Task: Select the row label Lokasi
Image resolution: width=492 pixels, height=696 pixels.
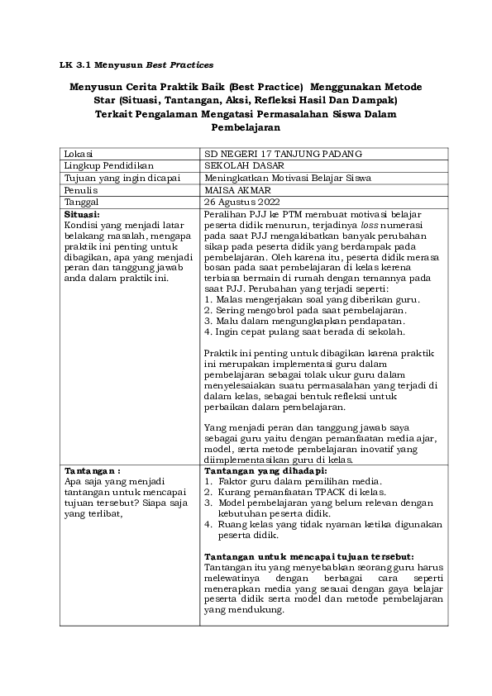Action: tap(79, 154)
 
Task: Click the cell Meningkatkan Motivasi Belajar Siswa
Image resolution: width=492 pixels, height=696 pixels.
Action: tap(287, 177)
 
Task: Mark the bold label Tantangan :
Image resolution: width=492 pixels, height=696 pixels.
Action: tap(92, 469)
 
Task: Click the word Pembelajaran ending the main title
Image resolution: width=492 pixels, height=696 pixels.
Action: tap(246, 128)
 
